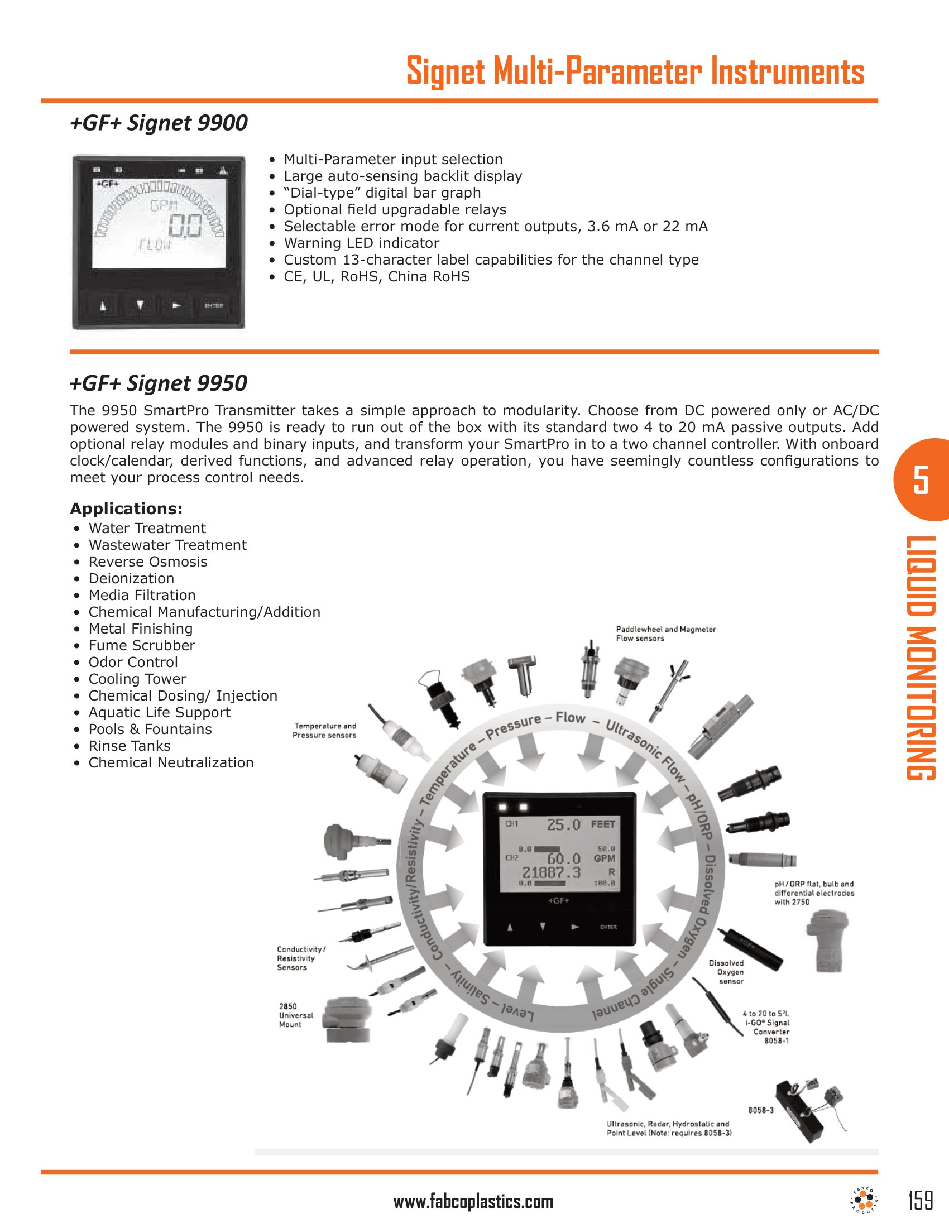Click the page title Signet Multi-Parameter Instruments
pyautogui.click(x=635, y=72)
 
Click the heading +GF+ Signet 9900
pyautogui.click(x=159, y=123)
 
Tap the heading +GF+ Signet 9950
pyautogui.click(x=159, y=383)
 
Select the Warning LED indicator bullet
pyautogui.click(x=361, y=243)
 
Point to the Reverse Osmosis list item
pyautogui.click(x=148, y=562)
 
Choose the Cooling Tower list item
pyautogui.click(x=137, y=679)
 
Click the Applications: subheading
pyautogui.click(x=126, y=509)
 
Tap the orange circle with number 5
pyautogui.click(x=922, y=479)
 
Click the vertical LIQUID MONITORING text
pyautogui.click(x=921, y=658)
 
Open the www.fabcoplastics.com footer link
pyautogui.click(x=473, y=1202)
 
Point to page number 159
pyautogui.click(x=921, y=1201)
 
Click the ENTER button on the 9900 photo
pyautogui.click(x=214, y=305)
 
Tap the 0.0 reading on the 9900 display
pyautogui.click(x=186, y=227)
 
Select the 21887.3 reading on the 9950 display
pyautogui.click(x=551, y=872)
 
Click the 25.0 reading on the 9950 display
pyautogui.click(x=563, y=825)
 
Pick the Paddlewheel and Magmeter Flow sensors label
pyautogui.click(x=665, y=634)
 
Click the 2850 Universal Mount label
pyautogui.click(x=296, y=1015)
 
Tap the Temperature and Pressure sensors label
pyautogui.click(x=324, y=731)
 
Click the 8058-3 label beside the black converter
pyautogui.click(x=760, y=1110)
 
